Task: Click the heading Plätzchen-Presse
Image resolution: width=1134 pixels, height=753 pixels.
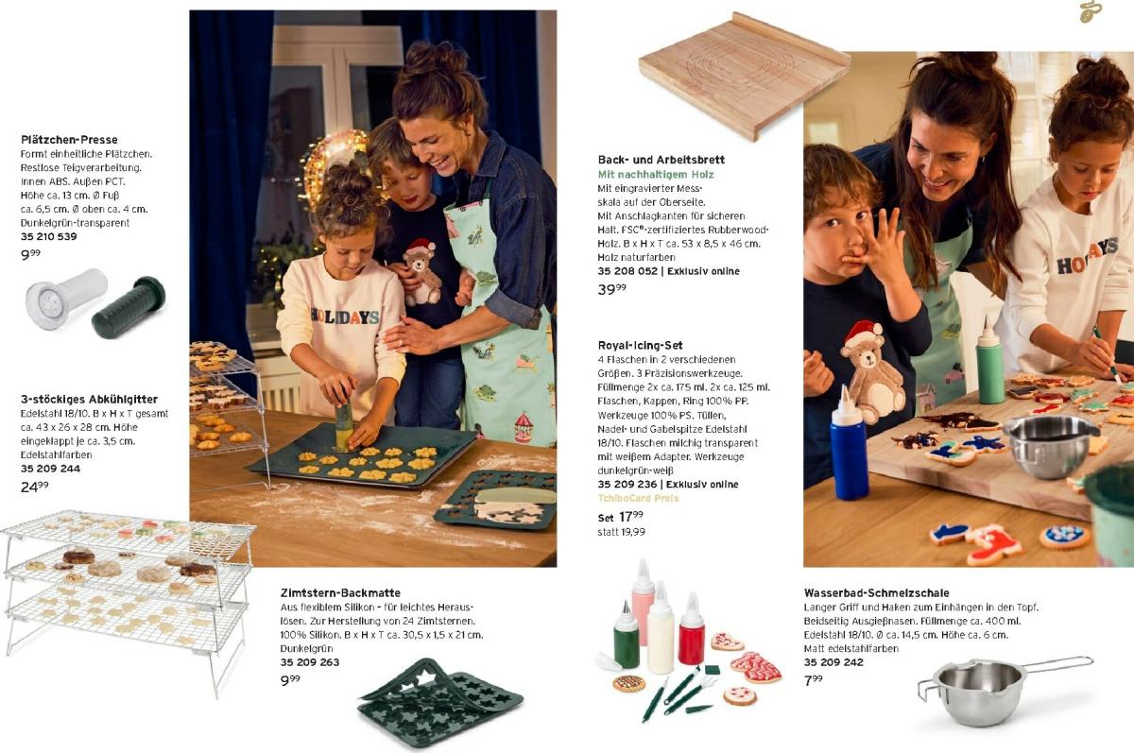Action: [x=69, y=140]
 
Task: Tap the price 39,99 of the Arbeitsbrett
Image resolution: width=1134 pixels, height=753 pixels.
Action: [x=612, y=289]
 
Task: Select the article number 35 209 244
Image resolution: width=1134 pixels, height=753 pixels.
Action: [x=51, y=469]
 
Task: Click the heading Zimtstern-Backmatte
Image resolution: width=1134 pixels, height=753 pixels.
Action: [x=340, y=592]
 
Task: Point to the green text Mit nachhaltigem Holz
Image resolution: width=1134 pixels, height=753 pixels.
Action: [x=656, y=175]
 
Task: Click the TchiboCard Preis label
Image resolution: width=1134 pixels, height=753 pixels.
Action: [x=638, y=498]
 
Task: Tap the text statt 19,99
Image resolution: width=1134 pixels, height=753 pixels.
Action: [x=621, y=532]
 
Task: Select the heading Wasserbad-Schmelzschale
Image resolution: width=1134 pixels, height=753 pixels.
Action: [x=876, y=592]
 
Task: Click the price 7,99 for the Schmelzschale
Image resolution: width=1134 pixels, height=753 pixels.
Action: [x=813, y=680]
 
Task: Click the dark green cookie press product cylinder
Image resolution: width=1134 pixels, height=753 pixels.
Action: [x=129, y=307]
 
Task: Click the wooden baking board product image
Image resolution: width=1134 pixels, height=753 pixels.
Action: [x=745, y=76]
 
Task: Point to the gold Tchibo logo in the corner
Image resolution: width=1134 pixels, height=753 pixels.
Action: [x=1090, y=11]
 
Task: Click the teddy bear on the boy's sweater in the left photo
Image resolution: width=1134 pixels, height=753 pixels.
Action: [x=421, y=272]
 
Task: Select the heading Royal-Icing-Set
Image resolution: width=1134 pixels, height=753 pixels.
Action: [x=640, y=346]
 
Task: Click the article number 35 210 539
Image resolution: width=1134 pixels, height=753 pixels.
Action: [x=48, y=236]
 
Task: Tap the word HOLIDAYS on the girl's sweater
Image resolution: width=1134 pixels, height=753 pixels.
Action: [x=345, y=316]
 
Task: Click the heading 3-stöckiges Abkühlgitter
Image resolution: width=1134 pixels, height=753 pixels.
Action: [x=89, y=400]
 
